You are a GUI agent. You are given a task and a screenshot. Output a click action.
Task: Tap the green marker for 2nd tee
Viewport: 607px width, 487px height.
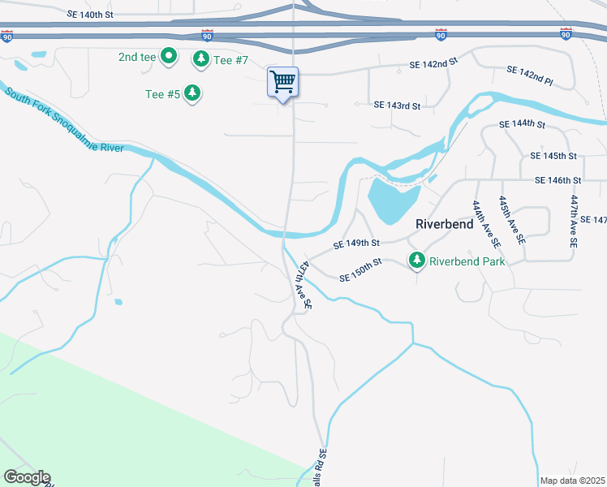coord(169,57)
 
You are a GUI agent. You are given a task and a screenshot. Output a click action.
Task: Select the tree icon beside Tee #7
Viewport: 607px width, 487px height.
coord(200,59)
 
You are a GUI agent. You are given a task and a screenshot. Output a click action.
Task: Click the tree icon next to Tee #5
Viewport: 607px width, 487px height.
coord(192,94)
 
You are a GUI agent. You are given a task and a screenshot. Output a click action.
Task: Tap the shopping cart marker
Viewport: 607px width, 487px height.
coord(282,82)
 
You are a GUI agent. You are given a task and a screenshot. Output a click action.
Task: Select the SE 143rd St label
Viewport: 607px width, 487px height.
coord(397,106)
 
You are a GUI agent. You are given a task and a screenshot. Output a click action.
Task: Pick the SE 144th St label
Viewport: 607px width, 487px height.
coord(523,124)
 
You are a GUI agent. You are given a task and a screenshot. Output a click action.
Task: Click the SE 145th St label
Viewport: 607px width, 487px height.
coord(553,155)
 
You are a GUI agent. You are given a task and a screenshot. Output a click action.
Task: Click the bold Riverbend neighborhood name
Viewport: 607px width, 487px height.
coord(444,223)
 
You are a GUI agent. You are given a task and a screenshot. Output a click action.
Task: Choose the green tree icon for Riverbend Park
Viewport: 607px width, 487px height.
coord(417,261)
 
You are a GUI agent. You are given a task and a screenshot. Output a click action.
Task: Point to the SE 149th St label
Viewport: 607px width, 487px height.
coord(356,243)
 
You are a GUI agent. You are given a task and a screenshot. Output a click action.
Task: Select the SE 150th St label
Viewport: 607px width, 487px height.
coord(360,270)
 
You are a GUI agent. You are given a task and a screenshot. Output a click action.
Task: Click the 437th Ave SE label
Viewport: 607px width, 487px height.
coord(303,285)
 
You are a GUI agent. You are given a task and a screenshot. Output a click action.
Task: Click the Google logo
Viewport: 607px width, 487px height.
coord(27,477)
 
